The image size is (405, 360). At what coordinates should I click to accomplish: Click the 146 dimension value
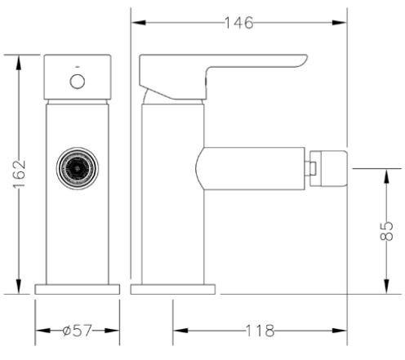239,23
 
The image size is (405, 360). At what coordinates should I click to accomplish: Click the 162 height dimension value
20,175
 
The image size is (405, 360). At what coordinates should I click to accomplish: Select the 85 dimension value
387,231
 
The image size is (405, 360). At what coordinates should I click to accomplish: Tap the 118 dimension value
260,331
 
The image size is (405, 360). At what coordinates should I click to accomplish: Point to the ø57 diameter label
77,331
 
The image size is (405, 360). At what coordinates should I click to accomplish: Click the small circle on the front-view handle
78,81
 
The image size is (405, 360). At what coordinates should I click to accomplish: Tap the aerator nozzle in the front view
78,168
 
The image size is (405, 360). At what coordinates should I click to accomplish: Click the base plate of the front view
78,289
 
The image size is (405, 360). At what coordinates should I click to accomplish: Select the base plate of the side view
173,289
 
